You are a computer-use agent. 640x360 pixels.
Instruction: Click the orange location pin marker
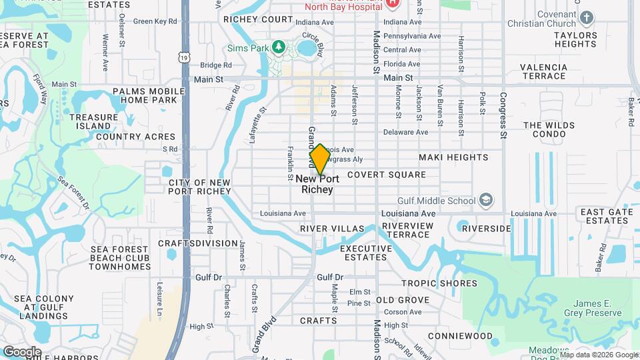(x=319, y=159)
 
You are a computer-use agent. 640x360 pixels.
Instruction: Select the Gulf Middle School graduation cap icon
(x=487, y=200)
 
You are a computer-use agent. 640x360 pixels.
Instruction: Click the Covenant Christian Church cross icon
(x=587, y=17)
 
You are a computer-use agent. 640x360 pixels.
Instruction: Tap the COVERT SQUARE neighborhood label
(x=386, y=175)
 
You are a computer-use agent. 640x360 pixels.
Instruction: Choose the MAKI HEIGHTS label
(x=453, y=157)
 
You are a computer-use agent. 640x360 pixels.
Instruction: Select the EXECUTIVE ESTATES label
(x=365, y=253)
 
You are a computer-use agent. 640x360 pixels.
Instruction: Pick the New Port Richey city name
(x=317, y=184)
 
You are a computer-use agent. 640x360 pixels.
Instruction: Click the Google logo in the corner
(x=22, y=351)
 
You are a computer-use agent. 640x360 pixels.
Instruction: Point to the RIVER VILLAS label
(x=332, y=229)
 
